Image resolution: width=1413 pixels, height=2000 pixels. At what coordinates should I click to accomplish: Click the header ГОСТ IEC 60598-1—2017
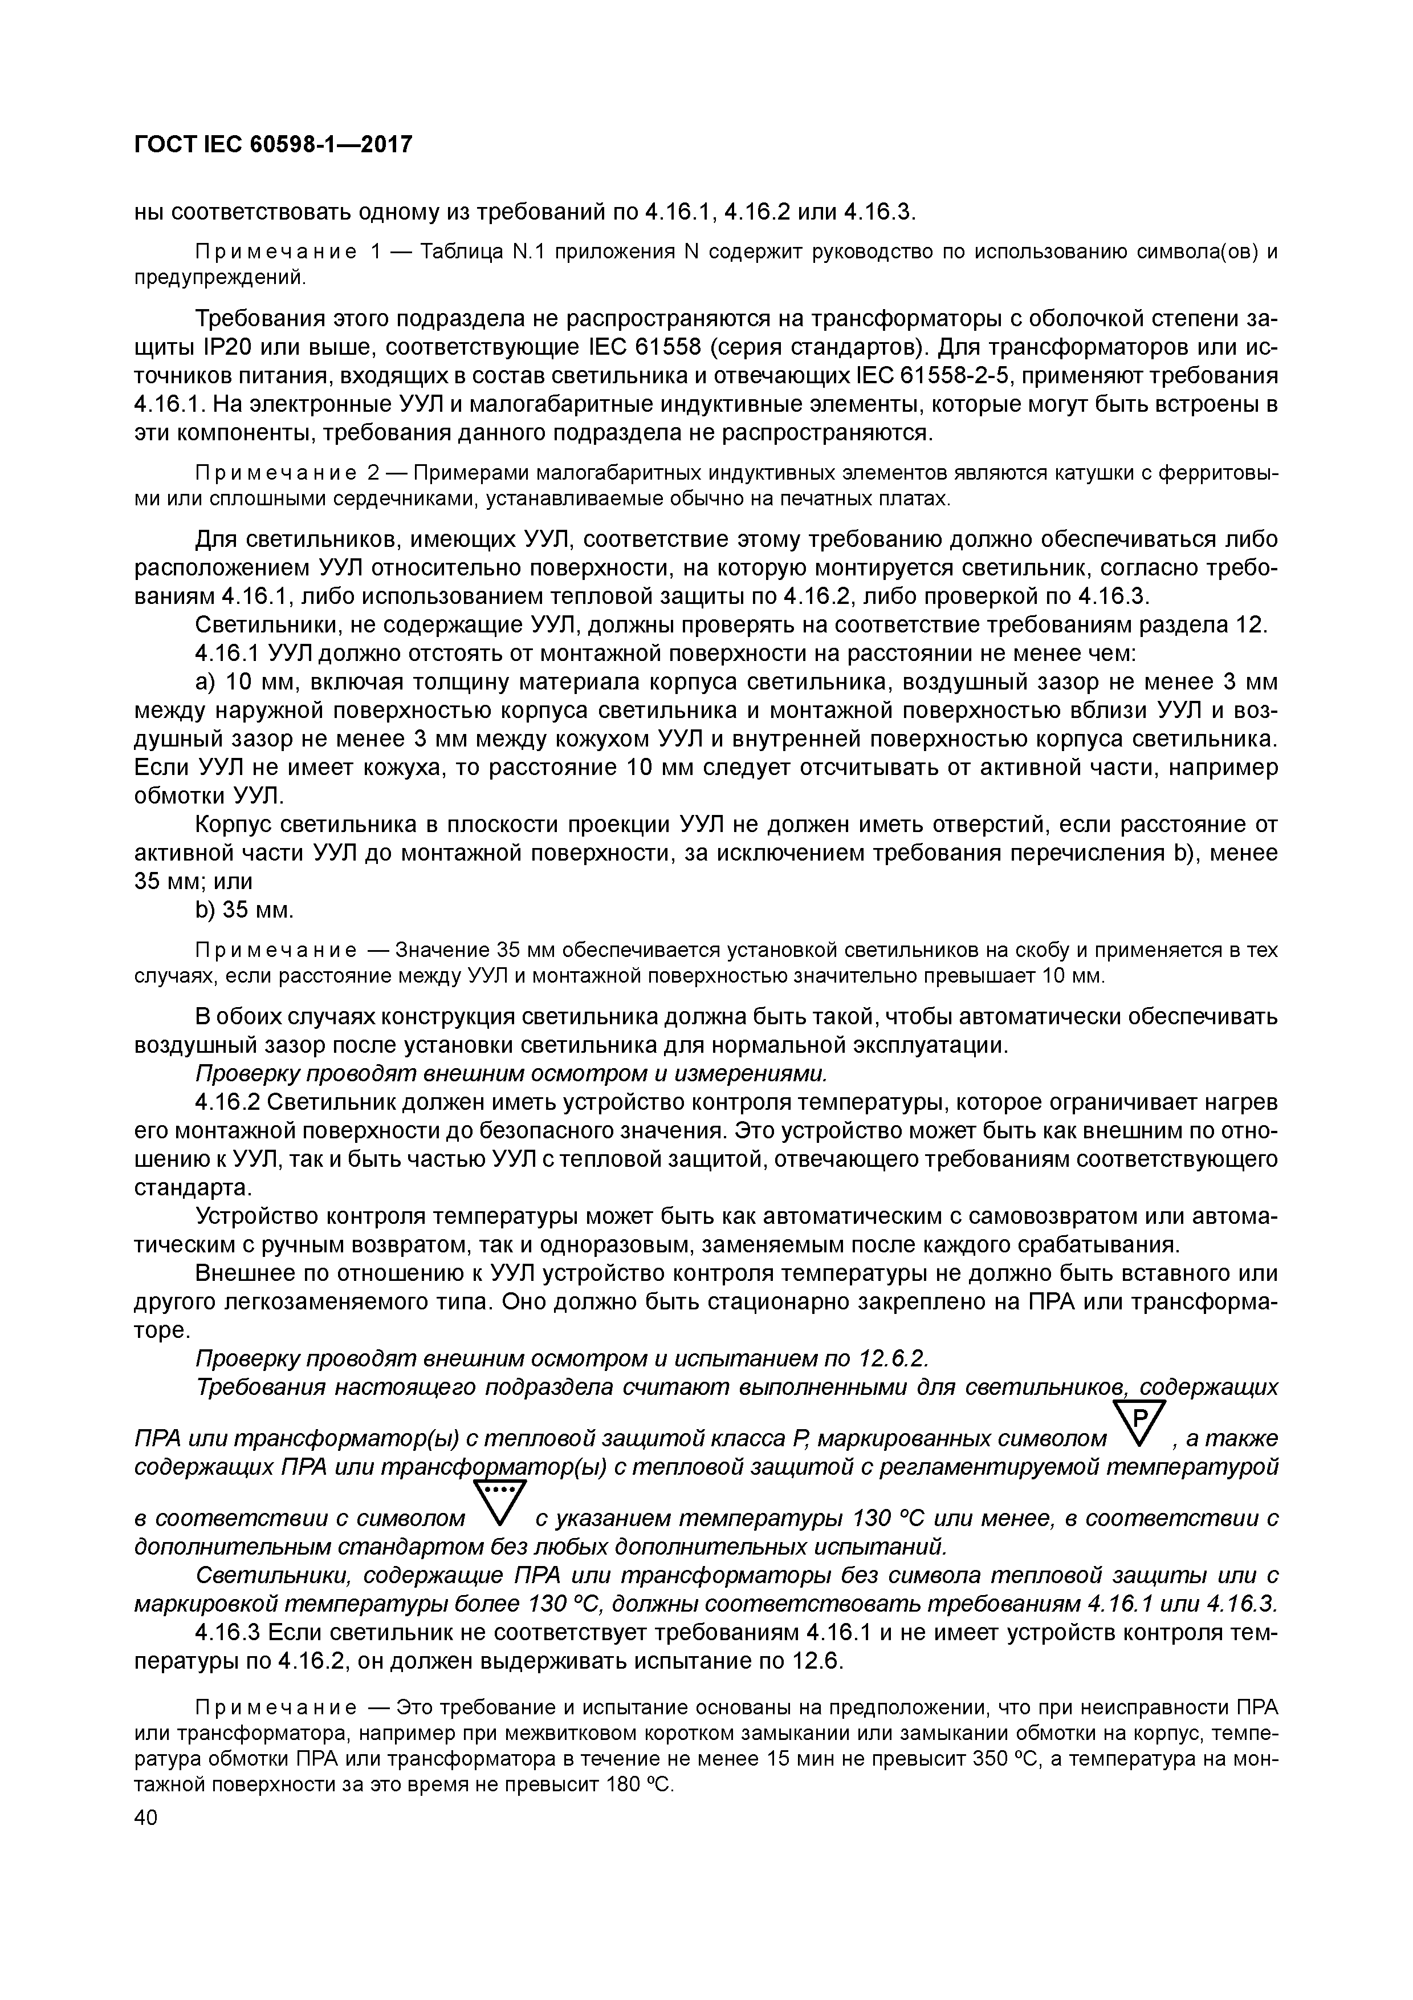click(272, 145)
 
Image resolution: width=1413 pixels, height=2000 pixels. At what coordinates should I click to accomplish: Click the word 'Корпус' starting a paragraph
click(244, 824)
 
